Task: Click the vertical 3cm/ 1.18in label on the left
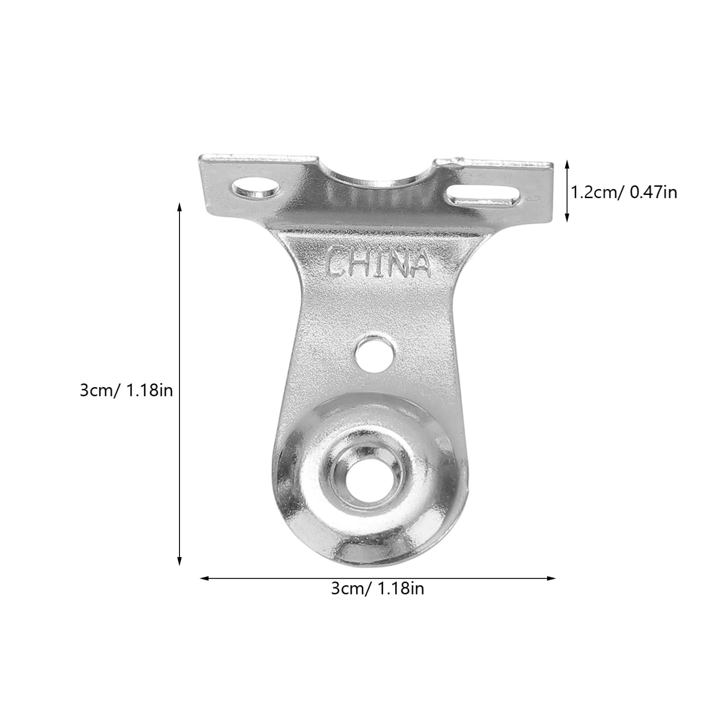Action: click(126, 390)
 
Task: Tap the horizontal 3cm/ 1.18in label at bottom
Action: click(378, 589)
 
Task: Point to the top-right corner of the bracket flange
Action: click(552, 165)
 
